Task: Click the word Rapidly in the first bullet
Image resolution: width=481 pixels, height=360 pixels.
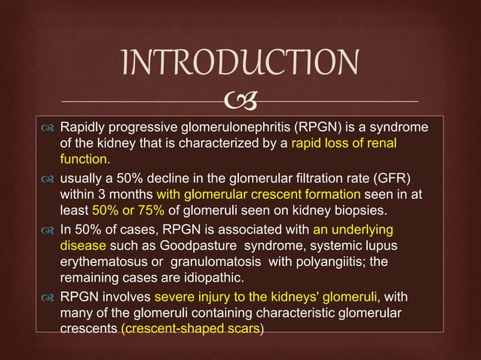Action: pyautogui.click(x=84, y=126)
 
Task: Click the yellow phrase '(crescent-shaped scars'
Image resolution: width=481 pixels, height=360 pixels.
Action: pyautogui.click(x=190, y=328)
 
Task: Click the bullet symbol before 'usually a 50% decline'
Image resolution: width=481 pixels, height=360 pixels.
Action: pyautogui.click(x=49, y=177)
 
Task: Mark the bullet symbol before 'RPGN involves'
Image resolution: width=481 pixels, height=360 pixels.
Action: pyautogui.click(x=49, y=296)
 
